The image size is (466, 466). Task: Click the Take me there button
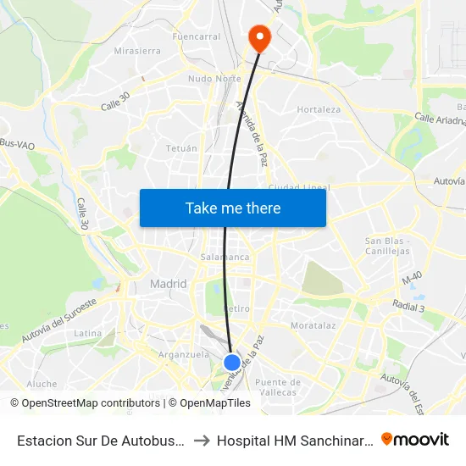pyautogui.click(x=233, y=208)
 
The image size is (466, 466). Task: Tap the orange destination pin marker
pyautogui.click(x=258, y=37)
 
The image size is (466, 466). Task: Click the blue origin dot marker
pyautogui.click(x=231, y=362)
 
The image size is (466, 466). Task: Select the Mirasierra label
pyautogui.click(x=137, y=51)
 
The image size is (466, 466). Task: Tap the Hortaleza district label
pyautogui.click(x=319, y=109)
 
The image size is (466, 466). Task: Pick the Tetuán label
pyautogui.click(x=181, y=148)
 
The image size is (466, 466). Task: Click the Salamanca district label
pyautogui.click(x=225, y=257)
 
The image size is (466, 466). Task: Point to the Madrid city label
pyautogui.click(x=168, y=285)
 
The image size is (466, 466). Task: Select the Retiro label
pyautogui.click(x=236, y=309)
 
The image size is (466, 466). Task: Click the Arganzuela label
pyautogui.click(x=184, y=355)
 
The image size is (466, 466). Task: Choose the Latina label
pyautogui.click(x=88, y=334)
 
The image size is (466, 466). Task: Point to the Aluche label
pyautogui.click(x=42, y=384)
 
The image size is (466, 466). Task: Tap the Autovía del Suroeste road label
pyautogui.click(x=60, y=319)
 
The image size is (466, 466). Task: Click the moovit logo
pyautogui.click(x=415, y=439)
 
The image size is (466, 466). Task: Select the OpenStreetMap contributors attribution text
pyautogui.click(x=85, y=403)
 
